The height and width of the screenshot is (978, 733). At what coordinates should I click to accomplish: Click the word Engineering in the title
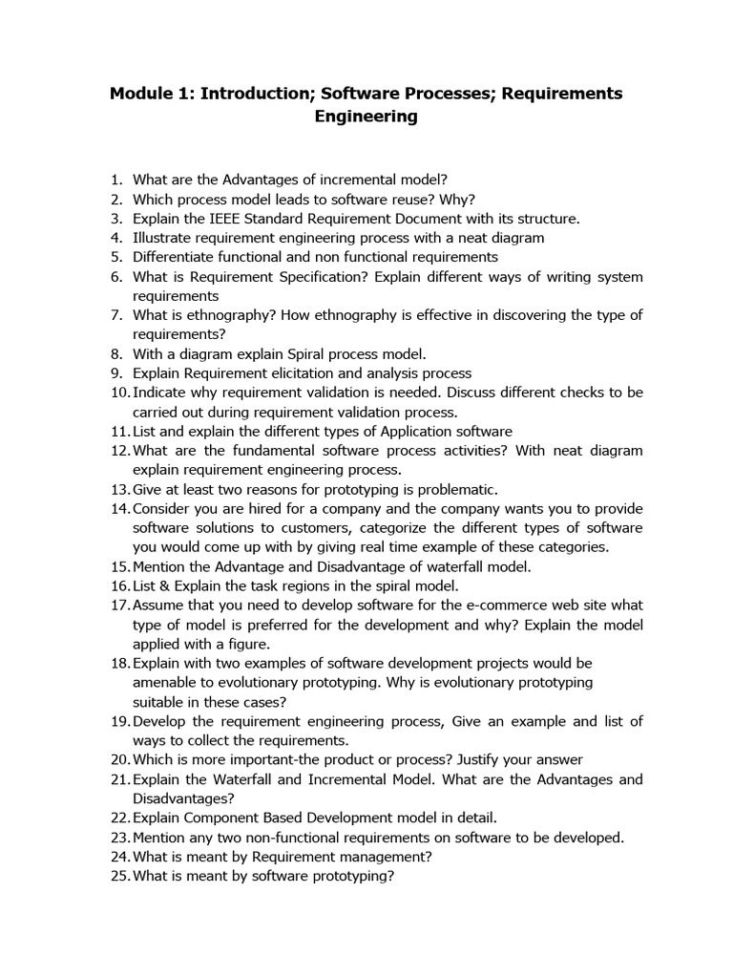[x=366, y=117]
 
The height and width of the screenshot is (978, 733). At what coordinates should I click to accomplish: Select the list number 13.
[x=119, y=489]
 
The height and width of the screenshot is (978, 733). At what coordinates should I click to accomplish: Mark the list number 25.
[x=119, y=876]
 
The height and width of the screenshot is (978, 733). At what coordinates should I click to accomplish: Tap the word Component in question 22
[x=216, y=818]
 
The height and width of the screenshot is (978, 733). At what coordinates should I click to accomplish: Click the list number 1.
[x=119, y=179]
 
